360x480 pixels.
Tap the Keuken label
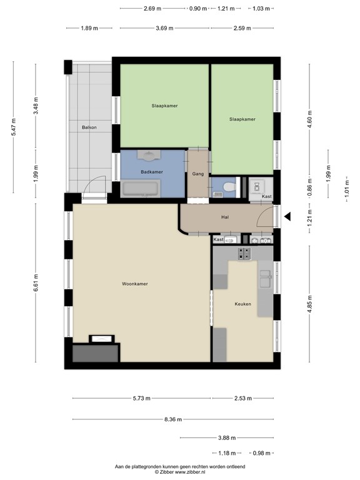[242, 304]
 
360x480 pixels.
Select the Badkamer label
[152, 172]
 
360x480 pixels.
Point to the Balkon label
[89, 127]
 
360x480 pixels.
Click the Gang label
[198, 174]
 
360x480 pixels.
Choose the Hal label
[225, 217]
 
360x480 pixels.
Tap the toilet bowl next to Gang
[229, 186]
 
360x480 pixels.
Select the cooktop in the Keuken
[244, 253]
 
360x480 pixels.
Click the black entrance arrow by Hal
[287, 217]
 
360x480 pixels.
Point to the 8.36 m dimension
[173, 419]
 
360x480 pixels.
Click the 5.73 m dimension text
[141, 398]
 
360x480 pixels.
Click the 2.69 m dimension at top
[152, 9]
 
